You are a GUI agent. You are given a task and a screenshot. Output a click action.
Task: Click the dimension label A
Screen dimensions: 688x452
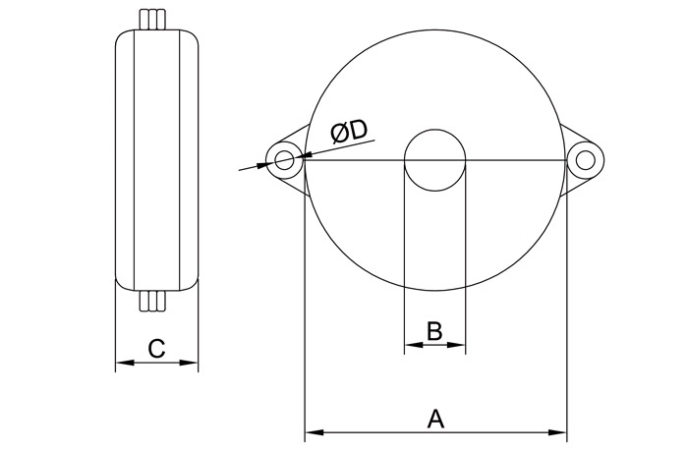click(435, 419)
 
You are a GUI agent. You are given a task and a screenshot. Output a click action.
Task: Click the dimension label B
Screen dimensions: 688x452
click(434, 331)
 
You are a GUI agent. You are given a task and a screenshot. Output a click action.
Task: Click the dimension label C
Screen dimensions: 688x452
click(156, 349)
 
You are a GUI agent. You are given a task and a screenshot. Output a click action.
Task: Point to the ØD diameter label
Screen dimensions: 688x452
click(349, 132)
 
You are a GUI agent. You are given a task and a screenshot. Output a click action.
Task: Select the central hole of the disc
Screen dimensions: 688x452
click(434, 160)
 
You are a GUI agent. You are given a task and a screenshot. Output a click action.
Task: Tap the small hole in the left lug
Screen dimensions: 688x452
click(284, 160)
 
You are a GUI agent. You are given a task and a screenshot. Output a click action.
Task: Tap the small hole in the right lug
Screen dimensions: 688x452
click(585, 160)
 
